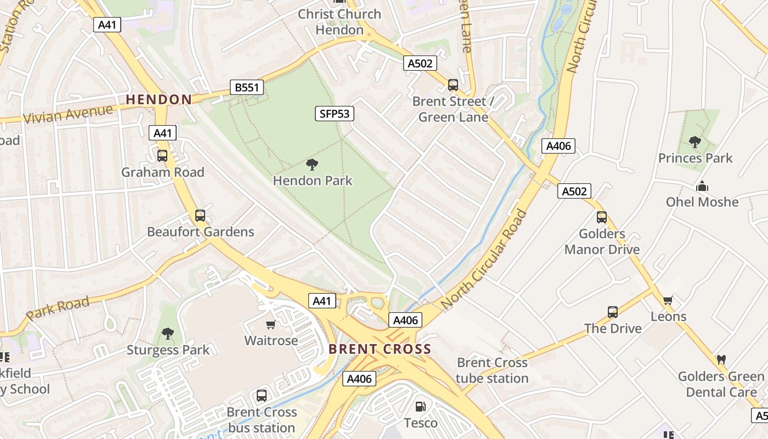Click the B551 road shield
click(246, 87)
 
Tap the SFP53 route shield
click(335, 114)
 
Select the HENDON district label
click(159, 99)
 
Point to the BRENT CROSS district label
click(380, 349)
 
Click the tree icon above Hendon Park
click(312, 164)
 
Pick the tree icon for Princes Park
click(695, 142)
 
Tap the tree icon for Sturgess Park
click(168, 334)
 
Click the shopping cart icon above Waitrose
click(270, 324)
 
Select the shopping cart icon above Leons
click(668, 300)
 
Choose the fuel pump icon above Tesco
click(421, 407)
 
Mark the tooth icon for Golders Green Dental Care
click(721, 360)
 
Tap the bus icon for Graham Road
click(162, 156)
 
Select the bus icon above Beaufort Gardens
click(200, 216)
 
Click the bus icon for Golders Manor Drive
click(602, 217)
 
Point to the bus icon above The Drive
click(613, 312)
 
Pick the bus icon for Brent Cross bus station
click(262, 396)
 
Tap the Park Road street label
click(58, 308)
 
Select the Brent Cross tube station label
click(492, 370)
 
